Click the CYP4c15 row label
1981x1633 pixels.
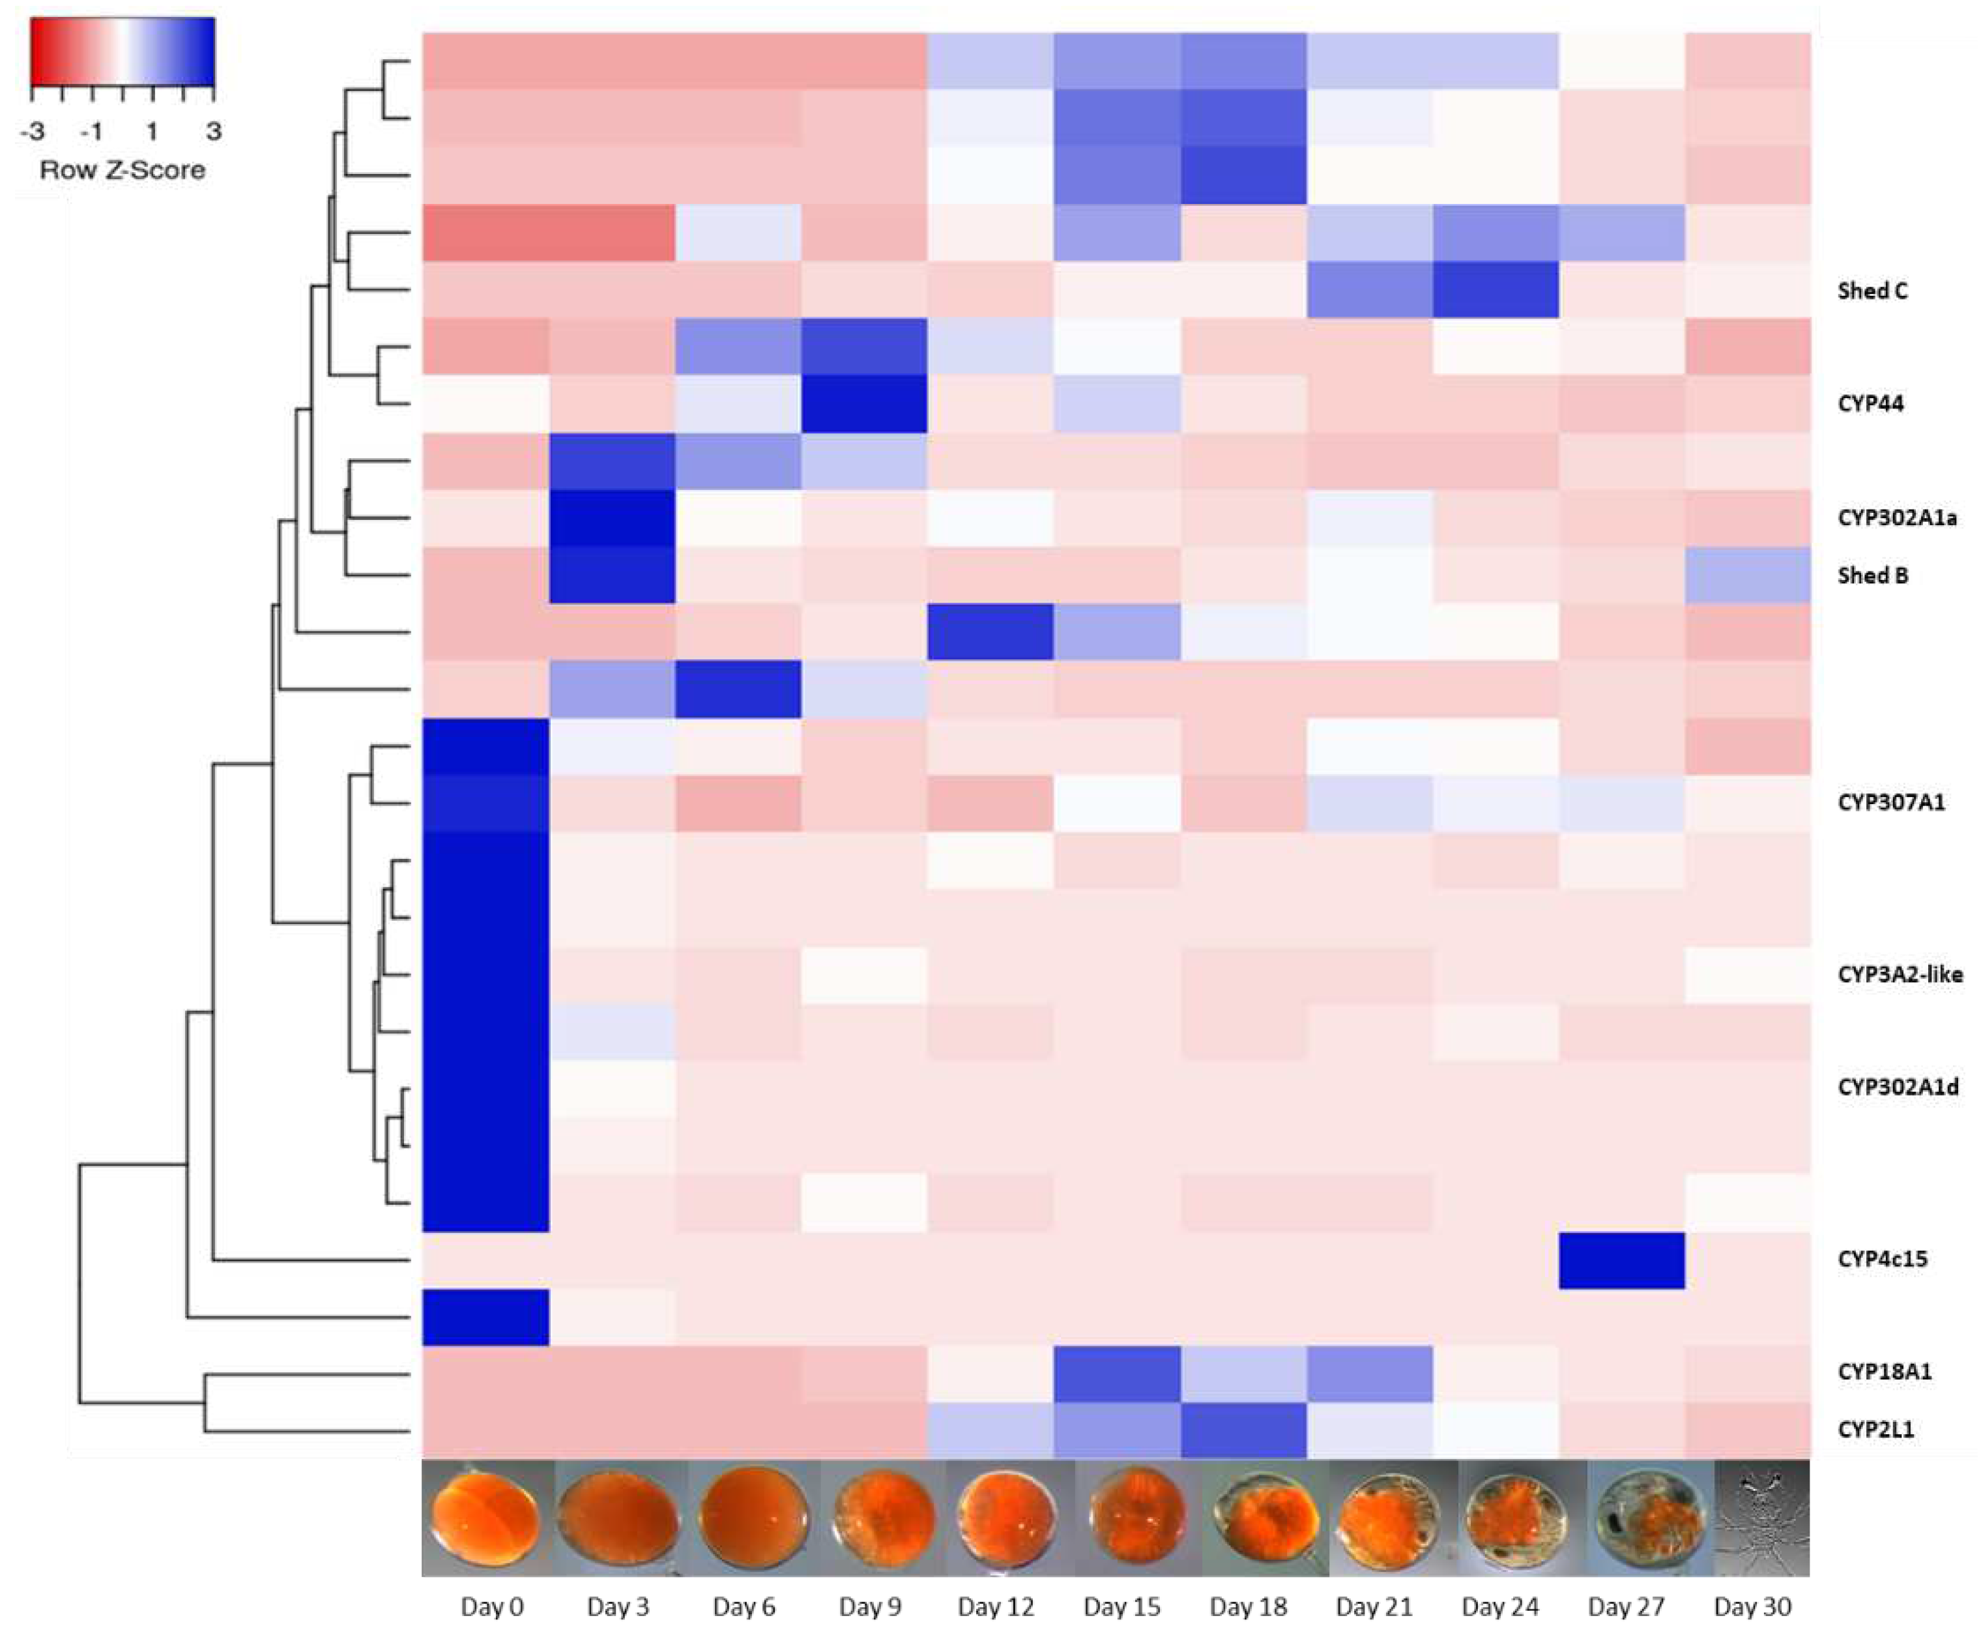point(1881,1258)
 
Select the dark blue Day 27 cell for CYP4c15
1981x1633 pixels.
point(1622,1260)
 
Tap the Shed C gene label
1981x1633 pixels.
point(1872,291)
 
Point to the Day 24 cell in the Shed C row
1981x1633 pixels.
point(1496,290)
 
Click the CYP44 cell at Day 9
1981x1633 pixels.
point(863,403)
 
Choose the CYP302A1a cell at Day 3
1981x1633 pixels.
point(611,517)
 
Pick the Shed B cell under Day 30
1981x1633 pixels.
point(1748,575)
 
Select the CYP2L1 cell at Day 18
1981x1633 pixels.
point(1243,1430)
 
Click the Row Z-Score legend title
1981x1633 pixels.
point(123,170)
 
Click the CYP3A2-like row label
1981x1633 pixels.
point(1899,975)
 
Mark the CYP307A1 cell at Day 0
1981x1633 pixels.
point(485,802)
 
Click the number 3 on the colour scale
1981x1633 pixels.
point(214,131)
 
